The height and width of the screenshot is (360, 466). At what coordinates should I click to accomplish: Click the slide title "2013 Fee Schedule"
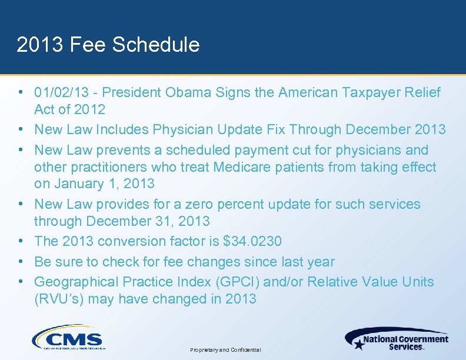coord(108,45)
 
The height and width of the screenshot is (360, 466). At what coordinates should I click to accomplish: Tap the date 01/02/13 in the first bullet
coord(61,92)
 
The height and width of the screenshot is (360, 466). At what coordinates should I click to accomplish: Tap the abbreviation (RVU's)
coord(61,299)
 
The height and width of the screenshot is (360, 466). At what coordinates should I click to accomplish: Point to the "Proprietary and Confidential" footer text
coord(225,350)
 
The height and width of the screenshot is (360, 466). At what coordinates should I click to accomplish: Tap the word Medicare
coord(241,167)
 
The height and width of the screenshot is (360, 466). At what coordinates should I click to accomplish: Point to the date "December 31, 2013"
coord(148,221)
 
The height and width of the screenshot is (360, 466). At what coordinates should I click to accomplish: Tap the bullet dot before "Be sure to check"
coord(21,261)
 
